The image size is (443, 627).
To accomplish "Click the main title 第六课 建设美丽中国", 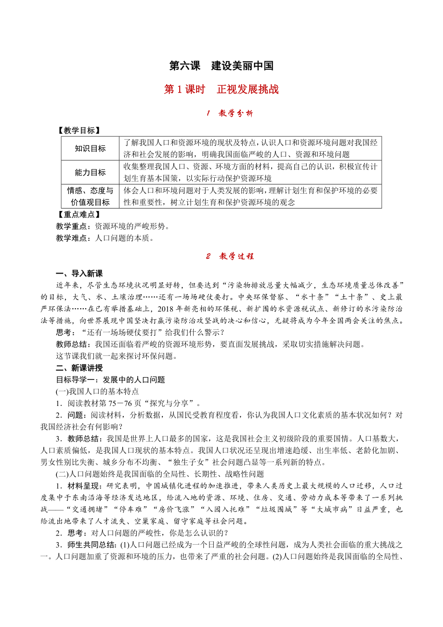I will (x=221, y=66).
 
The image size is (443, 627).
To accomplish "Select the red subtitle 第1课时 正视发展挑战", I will (x=221, y=90).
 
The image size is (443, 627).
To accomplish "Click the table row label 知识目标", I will (x=90, y=148).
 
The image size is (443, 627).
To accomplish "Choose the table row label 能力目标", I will (x=90, y=172).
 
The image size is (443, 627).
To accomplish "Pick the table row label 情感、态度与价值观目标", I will (x=90, y=196).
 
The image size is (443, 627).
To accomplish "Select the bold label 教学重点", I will (x=72, y=226).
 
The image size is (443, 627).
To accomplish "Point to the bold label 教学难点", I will (x=72, y=238).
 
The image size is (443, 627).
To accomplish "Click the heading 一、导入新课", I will (x=79, y=274).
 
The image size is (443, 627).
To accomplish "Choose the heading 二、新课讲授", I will (x=79, y=368).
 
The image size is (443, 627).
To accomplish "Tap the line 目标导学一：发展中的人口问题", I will (x=111, y=379).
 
